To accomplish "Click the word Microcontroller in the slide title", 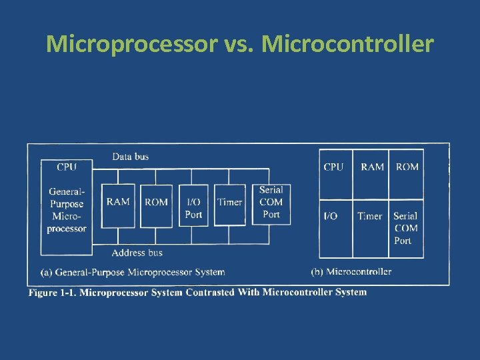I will pyautogui.click(x=347, y=45).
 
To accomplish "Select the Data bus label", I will pyautogui.click(x=130, y=157).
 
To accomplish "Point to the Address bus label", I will pyautogui.click(x=137, y=253).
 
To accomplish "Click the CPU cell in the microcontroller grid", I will pyautogui.click(x=334, y=167).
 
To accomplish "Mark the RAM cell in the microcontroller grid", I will pyautogui.click(x=372, y=167).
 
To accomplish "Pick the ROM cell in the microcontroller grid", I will pyautogui.click(x=407, y=167).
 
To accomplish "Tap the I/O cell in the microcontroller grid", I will pyautogui.click(x=331, y=216).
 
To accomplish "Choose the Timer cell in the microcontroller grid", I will pyautogui.click(x=369, y=216).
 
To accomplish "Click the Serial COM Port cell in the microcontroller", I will pyautogui.click(x=405, y=228).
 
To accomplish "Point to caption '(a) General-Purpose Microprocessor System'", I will pyautogui.click(x=133, y=272).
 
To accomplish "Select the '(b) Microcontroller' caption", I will pyautogui.click(x=351, y=271).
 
